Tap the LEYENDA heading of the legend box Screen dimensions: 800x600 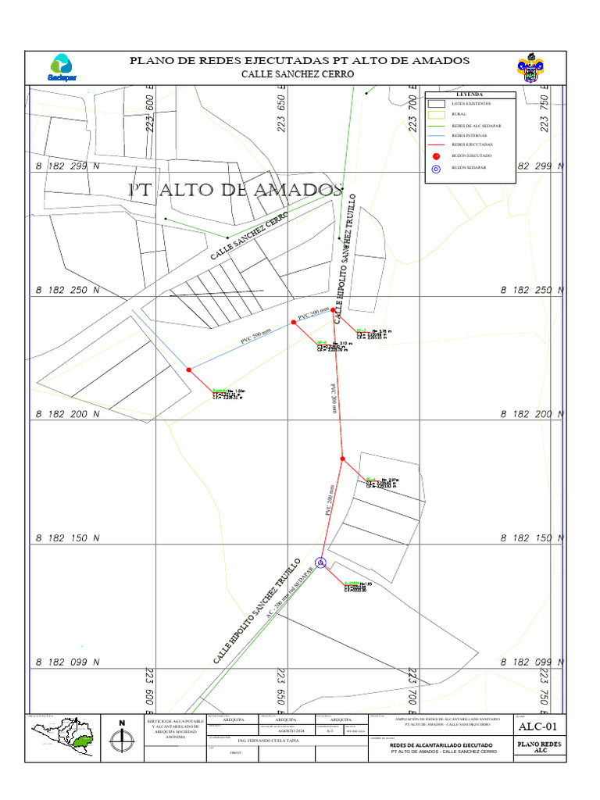(470, 95)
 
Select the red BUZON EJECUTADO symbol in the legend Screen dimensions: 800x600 (437, 156)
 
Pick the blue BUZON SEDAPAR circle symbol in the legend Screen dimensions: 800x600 (437, 168)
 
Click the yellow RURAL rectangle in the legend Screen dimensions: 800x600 (437, 114)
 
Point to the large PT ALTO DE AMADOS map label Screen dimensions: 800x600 (235, 190)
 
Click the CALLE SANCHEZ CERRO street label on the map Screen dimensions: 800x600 (249, 236)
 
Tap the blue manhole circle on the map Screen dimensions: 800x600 (320, 562)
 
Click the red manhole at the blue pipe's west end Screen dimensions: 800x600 (188, 370)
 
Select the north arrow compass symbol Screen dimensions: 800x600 (121, 736)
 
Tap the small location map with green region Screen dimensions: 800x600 (64, 737)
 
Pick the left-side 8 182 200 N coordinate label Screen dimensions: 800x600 (68, 414)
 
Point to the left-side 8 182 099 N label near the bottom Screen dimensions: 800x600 (68, 662)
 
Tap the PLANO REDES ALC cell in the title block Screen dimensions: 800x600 (538, 748)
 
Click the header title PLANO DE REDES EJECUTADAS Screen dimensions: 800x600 (299, 60)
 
